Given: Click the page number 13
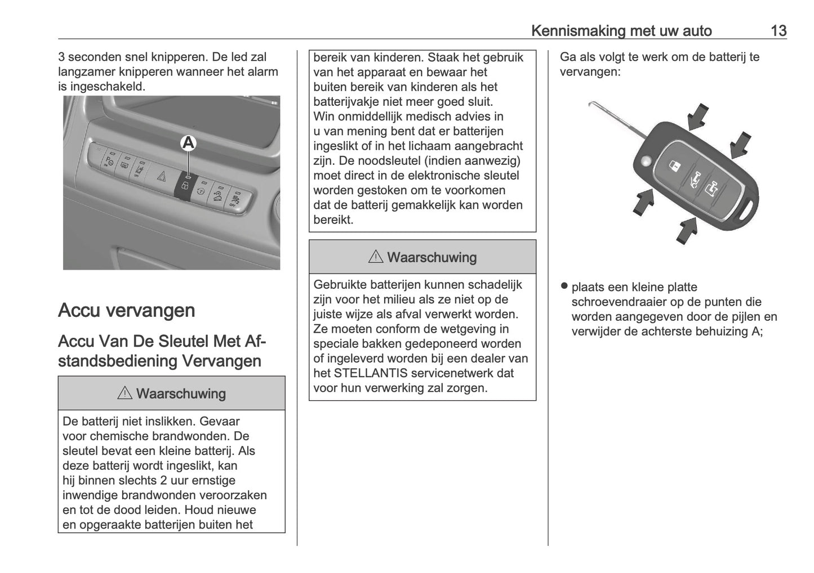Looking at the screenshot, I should pos(778,30).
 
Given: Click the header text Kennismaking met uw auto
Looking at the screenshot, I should pos(621,30).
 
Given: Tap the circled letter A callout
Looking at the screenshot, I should pos(188,144).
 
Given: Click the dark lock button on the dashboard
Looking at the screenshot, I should pos(185,187).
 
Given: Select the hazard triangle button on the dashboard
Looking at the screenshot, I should pos(161,176).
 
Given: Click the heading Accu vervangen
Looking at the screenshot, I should pos(127,310).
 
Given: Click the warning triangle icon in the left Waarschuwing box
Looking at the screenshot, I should pos(124,393).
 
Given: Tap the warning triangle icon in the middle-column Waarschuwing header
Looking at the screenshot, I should pos(376,257).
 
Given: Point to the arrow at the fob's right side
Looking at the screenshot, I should pos(741,145).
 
